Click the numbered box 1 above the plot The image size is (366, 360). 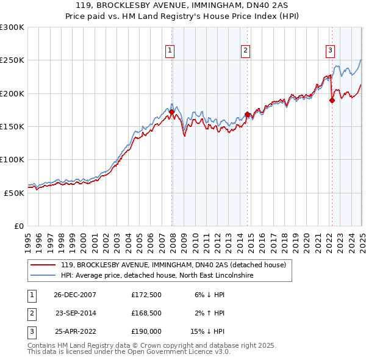[169, 51]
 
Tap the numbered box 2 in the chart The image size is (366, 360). [245, 51]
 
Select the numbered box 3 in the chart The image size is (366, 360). [330, 51]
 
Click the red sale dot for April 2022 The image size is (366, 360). [332, 101]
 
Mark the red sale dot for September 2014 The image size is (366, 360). [247, 114]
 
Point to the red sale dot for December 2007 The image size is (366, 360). [172, 112]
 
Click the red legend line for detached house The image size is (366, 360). [43, 265]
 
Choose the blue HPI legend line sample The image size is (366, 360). [43, 276]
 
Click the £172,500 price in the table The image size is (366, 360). [146, 295]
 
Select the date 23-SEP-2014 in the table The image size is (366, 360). [76, 313]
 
